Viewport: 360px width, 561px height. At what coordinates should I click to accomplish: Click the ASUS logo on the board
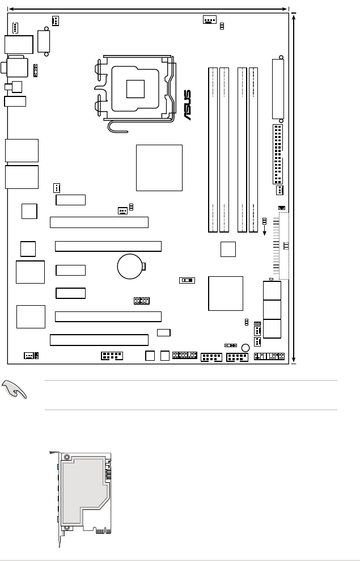pyautogui.click(x=188, y=105)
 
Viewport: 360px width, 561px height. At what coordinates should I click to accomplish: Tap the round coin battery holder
pyautogui.click(x=130, y=266)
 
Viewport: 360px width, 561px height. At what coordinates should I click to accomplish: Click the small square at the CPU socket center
pyautogui.click(x=135, y=89)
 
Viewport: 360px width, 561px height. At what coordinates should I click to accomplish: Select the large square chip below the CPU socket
pyautogui.click(x=159, y=168)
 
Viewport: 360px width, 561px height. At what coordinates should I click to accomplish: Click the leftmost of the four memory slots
pyautogui.click(x=213, y=150)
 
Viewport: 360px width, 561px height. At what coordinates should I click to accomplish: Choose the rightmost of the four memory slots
pyautogui.click(x=253, y=150)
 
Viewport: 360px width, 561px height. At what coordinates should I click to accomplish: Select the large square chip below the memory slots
pyautogui.click(x=226, y=293)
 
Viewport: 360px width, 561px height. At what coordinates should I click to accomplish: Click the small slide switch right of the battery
pyautogui.click(x=187, y=280)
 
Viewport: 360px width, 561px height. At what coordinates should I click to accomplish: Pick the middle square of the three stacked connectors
pyautogui.click(x=272, y=310)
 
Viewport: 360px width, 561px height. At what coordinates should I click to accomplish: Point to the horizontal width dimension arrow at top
pyautogui.click(x=148, y=9)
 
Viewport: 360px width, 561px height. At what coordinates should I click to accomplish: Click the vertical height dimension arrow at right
pyautogui.click(x=294, y=188)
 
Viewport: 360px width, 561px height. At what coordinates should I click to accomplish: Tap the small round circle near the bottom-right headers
pyautogui.click(x=245, y=348)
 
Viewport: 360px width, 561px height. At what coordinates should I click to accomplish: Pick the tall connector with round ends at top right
pyautogui.click(x=278, y=89)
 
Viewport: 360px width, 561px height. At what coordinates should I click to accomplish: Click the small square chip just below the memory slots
pyautogui.click(x=228, y=249)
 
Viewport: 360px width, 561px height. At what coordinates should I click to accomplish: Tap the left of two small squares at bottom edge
pyautogui.click(x=150, y=356)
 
